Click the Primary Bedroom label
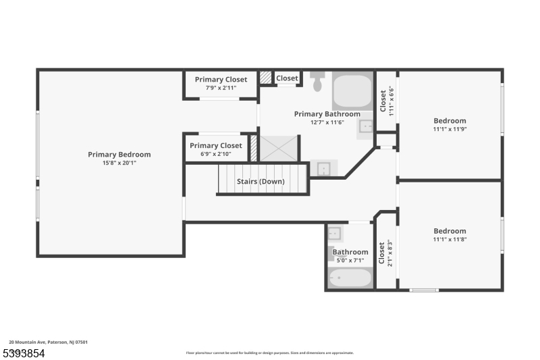click(119, 155)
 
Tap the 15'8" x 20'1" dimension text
click(119, 163)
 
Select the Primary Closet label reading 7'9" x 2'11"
click(221, 80)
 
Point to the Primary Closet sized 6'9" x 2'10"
click(215, 146)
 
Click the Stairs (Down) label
click(261, 182)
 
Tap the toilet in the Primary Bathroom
click(318, 82)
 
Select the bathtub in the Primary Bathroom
click(352, 91)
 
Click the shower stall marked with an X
click(278, 149)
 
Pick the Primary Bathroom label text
click(327, 114)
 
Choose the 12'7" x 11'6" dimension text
click(327, 122)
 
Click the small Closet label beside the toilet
click(287, 78)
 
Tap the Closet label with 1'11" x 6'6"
click(383, 101)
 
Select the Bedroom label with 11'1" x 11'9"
click(450, 121)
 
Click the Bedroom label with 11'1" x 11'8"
click(450, 231)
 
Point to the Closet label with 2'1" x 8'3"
click(381, 253)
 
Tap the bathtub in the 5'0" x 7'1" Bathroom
click(350, 278)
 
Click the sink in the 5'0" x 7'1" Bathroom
click(335, 234)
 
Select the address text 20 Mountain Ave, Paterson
click(48, 342)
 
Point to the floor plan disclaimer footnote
click(269, 353)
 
